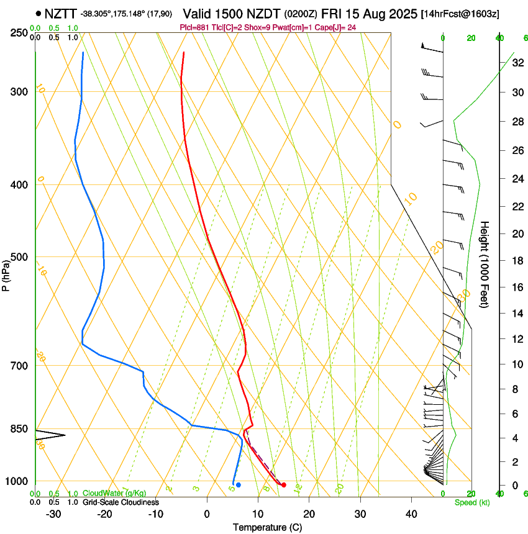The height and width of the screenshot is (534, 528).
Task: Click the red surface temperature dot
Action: coord(284,485)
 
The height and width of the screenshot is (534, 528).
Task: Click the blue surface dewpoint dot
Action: coord(239,484)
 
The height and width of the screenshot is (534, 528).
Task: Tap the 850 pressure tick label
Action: coord(17,428)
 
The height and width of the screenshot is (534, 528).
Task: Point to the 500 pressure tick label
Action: coord(17,257)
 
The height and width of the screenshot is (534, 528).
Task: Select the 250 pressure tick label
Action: coord(17,32)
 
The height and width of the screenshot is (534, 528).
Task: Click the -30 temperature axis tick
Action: coord(53,514)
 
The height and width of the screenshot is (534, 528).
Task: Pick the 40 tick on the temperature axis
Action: coord(411,514)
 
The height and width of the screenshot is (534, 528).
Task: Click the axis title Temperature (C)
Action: coord(267,527)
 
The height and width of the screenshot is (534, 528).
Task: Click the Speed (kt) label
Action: coord(472,502)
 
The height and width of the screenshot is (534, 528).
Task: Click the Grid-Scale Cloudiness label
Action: coord(121,502)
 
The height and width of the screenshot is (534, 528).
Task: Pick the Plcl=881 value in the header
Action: coord(194,28)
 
